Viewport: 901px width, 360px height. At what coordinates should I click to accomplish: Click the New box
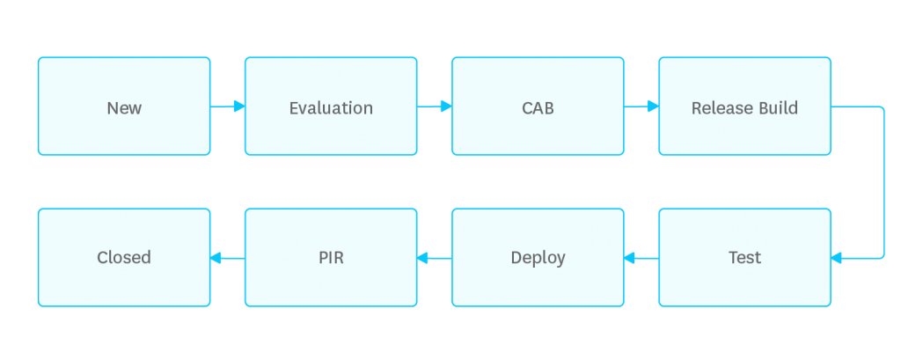point(124,107)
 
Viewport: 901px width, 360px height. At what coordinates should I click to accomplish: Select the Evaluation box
point(331,107)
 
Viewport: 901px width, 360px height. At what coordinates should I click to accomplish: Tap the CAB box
point(538,107)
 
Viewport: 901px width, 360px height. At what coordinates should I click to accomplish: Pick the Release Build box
point(744,107)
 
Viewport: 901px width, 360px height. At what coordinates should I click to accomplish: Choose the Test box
point(744,258)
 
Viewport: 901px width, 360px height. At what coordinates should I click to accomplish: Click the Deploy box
point(538,258)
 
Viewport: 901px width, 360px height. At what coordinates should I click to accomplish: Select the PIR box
point(331,258)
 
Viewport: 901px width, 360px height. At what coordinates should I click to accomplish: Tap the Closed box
point(124,258)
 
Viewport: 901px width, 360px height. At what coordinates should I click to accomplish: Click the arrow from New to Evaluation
point(227,107)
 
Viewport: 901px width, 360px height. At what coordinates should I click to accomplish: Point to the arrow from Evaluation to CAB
point(435,107)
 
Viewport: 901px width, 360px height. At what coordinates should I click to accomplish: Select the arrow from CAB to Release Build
point(641,107)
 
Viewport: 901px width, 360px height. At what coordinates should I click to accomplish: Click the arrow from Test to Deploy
point(641,258)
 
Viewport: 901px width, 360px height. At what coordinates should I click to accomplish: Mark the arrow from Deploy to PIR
point(435,258)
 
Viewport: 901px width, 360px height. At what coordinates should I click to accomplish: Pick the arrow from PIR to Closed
point(227,258)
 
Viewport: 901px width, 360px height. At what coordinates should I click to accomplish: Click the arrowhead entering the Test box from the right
point(837,258)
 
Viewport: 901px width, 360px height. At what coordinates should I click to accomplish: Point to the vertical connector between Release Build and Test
point(883,182)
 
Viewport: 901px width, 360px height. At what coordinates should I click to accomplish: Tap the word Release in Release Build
point(722,108)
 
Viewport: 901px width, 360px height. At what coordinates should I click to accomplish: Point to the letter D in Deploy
point(516,258)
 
